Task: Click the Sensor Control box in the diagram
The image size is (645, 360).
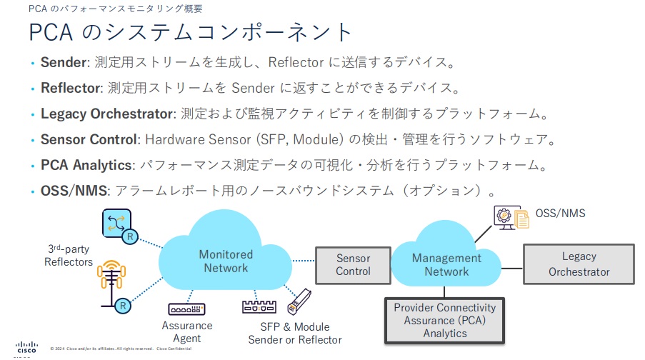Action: click(353, 264)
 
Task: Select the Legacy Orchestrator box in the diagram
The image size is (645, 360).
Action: click(579, 264)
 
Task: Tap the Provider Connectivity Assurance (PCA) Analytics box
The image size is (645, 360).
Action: click(445, 319)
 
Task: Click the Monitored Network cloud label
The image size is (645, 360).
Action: click(226, 261)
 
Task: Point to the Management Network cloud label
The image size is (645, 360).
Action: click(446, 264)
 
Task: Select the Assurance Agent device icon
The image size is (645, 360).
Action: click(186, 309)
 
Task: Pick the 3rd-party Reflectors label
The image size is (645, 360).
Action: click(69, 255)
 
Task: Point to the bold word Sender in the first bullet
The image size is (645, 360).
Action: click(63, 62)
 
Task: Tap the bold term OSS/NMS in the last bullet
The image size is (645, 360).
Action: click(71, 191)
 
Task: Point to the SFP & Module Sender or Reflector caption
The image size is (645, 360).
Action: click(294, 333)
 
